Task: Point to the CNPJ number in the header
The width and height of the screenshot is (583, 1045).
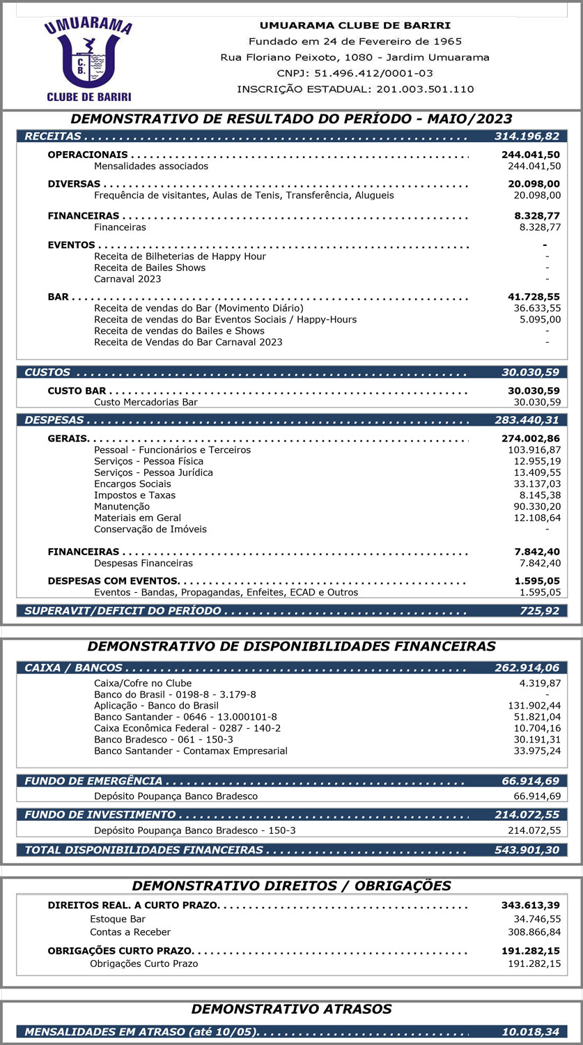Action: (355, 73)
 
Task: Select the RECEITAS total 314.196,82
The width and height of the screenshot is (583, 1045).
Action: (527, 137)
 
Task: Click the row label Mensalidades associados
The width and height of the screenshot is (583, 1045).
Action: (151, 167)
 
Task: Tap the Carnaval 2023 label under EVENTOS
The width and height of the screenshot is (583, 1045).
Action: (127, 279)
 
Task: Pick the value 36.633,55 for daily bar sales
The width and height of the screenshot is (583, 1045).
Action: (536, 308)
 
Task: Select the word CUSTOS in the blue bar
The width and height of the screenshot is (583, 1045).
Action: (47, 373)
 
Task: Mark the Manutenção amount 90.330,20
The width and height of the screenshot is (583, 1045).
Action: (536, 506)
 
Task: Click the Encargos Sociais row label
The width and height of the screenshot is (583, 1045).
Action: (132, 484)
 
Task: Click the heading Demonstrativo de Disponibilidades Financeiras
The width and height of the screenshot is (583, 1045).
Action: (291, 647)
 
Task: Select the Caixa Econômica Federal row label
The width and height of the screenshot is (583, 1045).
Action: (187, 728)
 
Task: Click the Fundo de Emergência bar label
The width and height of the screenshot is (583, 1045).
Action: (93, 782)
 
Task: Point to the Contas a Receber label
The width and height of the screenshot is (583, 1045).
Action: (130, 932)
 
